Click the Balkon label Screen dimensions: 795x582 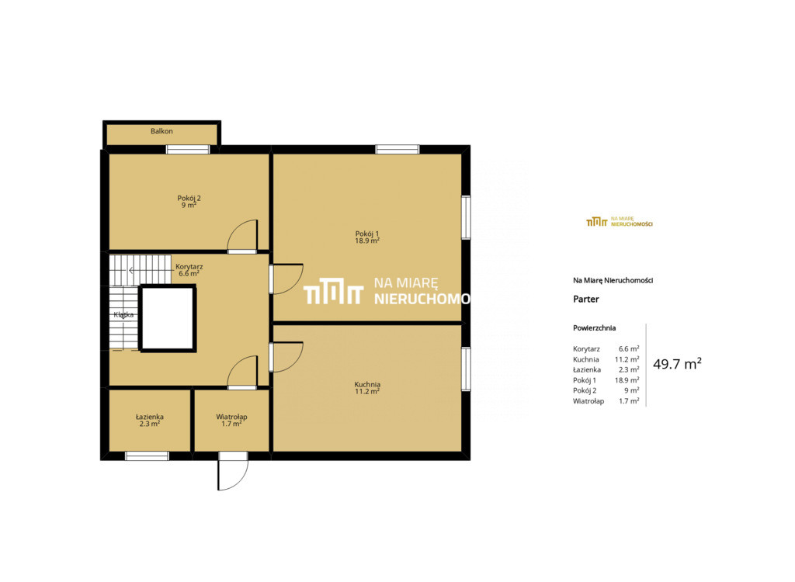click(161, 131)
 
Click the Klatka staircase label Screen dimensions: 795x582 click(123, 315)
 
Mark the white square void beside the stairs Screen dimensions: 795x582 click(168, 318)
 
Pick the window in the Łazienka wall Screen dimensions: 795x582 click(147, 456)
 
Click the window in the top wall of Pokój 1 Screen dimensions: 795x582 click(397, 150)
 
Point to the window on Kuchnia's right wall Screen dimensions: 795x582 click(466, 369)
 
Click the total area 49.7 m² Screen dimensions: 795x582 click(677, 363)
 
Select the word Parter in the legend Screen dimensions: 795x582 click(586, 299)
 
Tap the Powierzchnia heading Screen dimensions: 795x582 click(594, 328)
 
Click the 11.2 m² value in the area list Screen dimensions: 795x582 click(627, 359)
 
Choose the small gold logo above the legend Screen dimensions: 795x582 click(620, 221)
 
